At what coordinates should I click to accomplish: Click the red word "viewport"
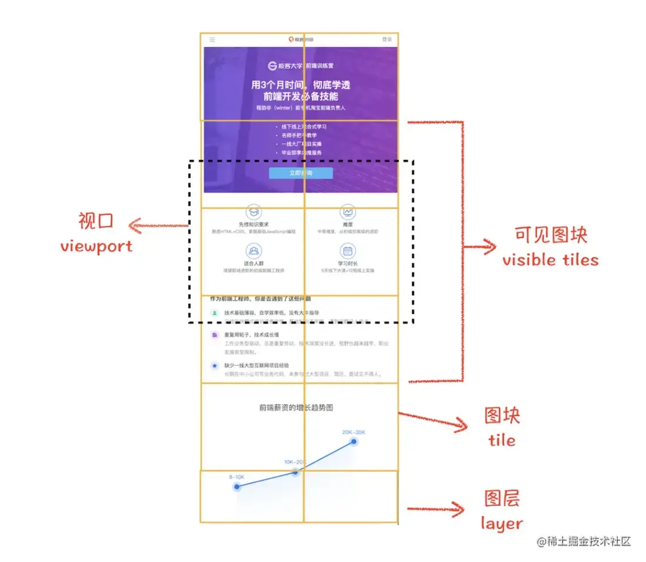click(96, 246)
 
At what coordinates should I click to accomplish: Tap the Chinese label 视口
click(95, 221)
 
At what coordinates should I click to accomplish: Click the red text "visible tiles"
click(550, 259)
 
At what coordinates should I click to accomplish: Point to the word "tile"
click(502, 440)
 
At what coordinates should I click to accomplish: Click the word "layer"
click(502, 523)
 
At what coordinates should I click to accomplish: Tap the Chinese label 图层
click(502, 499)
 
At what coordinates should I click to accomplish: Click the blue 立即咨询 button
click(301, 173)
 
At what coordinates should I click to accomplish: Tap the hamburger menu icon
click(212, 40)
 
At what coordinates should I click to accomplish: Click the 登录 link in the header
click(386, 39)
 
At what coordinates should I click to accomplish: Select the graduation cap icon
click(254, 212)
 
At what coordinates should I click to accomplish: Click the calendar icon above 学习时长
click(348, 252)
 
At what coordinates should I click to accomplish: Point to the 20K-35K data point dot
click(354, 442)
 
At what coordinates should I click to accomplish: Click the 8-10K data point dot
click(237, 487)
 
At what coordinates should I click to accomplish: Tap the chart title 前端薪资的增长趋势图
click(300, 407)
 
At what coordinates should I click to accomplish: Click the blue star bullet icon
click(214, 365)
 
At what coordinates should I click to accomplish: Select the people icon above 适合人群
click(254, 252)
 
